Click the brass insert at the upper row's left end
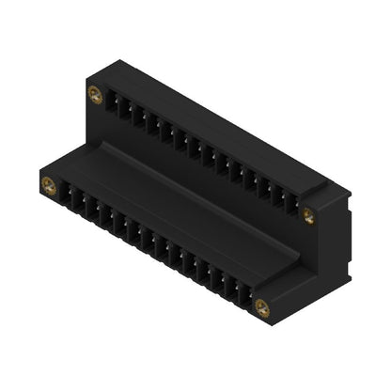tap(95, 93)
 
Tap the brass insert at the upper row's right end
tap(308, 216)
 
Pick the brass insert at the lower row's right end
tap(262, 306)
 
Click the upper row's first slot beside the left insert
tap(111, 101)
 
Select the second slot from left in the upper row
tap(124, 108)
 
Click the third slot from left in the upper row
tap(137, 116)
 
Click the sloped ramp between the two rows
tap(179, 193)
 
